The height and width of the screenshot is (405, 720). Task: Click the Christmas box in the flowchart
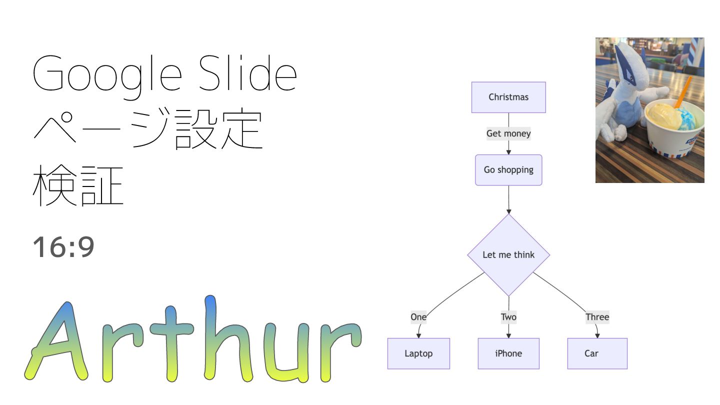508,97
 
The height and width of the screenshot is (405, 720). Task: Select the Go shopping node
508,170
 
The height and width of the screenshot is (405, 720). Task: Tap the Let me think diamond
508,255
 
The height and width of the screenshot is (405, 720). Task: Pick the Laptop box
418,353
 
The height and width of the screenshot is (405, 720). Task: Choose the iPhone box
508,353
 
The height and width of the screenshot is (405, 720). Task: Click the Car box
597,353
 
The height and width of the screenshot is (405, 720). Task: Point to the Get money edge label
508,133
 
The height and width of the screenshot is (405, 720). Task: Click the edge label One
418,317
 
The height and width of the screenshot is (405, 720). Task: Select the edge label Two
508,317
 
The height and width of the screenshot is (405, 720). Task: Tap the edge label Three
597,317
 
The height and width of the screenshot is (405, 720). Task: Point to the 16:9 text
63,247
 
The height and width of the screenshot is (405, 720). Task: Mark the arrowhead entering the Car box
597,335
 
